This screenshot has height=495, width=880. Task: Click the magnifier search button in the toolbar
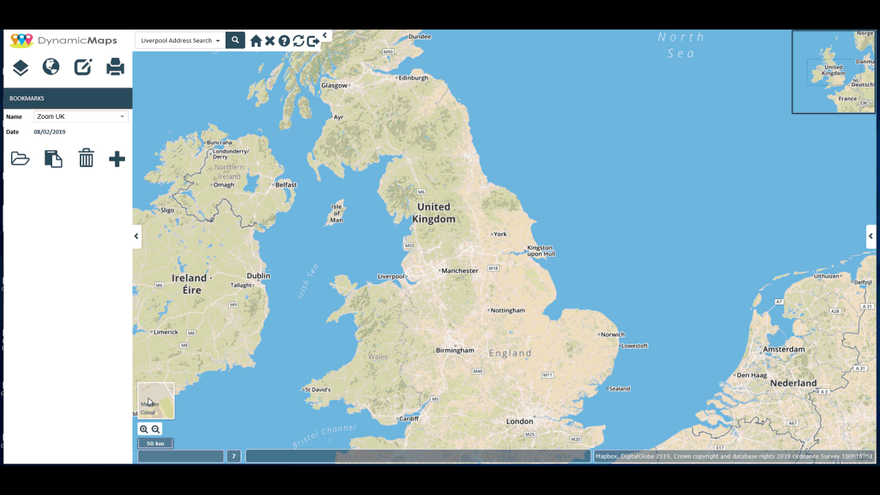pos(235,41)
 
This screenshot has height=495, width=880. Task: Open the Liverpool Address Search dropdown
pos(180,41)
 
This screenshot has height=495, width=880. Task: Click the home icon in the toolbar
pos(256,41)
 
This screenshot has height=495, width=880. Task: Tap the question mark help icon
pos(284,41)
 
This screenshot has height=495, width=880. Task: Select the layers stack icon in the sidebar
pos(20,67)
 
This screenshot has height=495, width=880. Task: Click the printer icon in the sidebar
pos(115,67)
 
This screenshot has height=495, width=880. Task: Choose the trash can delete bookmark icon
pos(86,158)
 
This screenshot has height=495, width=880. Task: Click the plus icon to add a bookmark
pos(117,159)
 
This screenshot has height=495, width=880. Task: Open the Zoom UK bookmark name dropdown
pos(80,117)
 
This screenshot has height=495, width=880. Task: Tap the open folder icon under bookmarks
pos(20,159)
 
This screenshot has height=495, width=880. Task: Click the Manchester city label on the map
pos(459,271)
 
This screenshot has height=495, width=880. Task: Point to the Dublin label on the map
pos(258,276)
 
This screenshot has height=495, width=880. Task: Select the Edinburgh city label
pos(413,78)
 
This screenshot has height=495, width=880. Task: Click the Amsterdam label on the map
pos(784,349)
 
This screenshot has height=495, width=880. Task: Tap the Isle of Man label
pos(337,213)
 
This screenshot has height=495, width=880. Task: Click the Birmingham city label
pos(455,351)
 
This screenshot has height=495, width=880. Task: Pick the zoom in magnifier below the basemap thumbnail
pos(144,430)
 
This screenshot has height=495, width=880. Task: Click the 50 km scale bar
pos(155,443)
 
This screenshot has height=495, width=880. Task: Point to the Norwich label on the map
pos(613,335)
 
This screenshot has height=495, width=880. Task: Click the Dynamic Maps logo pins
pos(21,41)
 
